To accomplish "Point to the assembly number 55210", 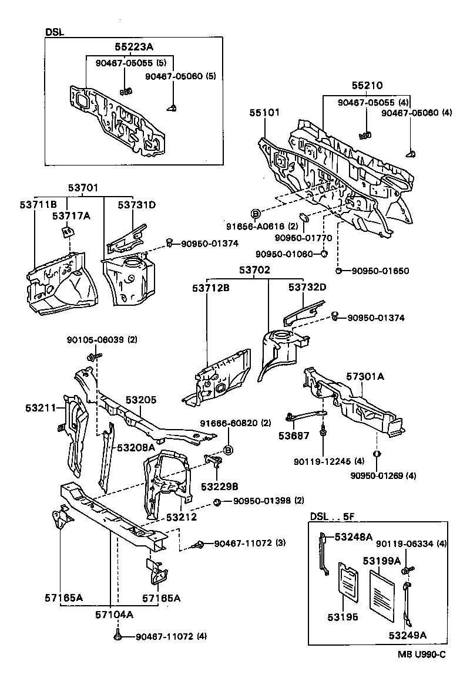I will pos(368,85).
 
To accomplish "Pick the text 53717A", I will pos(71,215).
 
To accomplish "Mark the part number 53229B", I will pos(219,487).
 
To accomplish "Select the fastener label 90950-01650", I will pos(380,271).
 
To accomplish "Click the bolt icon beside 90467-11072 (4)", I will pos(119,636).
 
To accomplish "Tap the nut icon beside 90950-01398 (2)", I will pos(217,501).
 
